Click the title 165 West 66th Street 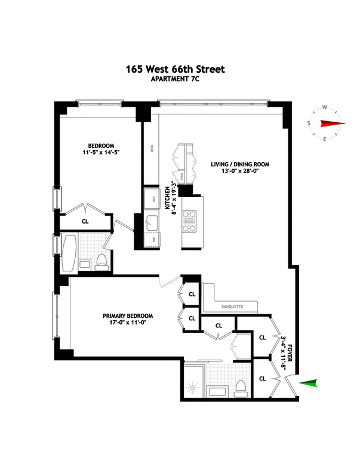(x=175, y=70)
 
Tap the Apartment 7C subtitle (x=175, y=79)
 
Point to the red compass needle (x=332, y=123)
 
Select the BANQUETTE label (x=232, y=307)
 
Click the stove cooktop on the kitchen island (x=189, y=222)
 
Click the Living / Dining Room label (x=240, y=164)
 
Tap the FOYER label (x=290, y=352)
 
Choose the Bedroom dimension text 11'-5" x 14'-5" (x=101, y=152)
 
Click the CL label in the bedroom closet (x=85, y=222)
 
